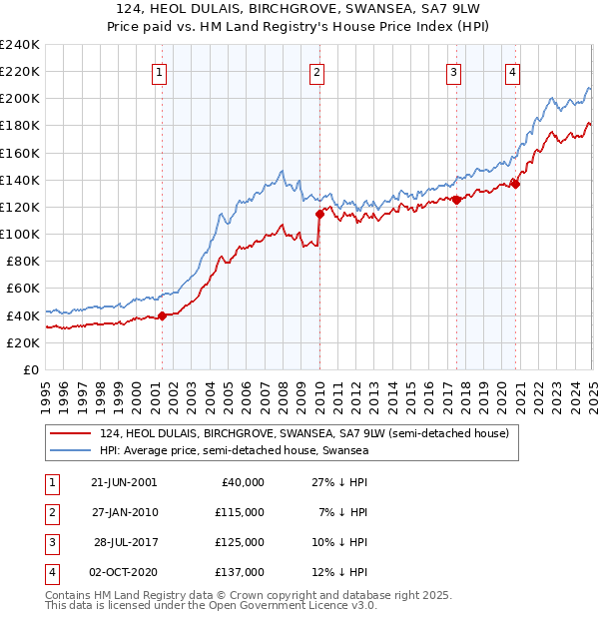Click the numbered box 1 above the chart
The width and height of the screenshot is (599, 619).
[x=161, y=71]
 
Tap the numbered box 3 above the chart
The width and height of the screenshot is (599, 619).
[x=453, y=71]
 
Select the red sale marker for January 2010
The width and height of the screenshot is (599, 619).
[x=319, y=214]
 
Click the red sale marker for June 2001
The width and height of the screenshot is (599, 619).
[x=162, y=315]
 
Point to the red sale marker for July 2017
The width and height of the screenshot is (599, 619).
[x=456, y=200]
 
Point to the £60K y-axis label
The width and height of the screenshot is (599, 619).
[x=22, y=289]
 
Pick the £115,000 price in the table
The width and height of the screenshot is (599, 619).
[x=241, y=512]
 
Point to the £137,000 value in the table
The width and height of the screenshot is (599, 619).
[x=241, y=572]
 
